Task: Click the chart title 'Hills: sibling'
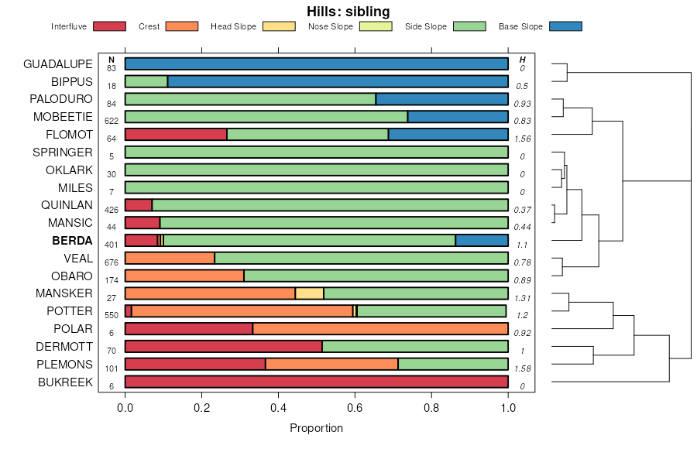click(x=348, y=11)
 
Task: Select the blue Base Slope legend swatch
click(x=565, y=26)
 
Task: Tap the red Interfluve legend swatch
click(x=109, y=26)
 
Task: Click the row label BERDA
click(x=72, y=241)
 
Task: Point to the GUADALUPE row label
click(x=58, y=63)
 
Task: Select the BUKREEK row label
click(x=65, y=382)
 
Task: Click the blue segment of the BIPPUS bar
click(x=338, y=81)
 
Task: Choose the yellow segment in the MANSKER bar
click(x=309, y=293)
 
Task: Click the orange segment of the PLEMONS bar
click(x=331, y=365)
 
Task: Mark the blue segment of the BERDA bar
click(x=482, y=241)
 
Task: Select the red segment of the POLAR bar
click(x=189, y=329)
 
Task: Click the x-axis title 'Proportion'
click(x=316, y=428)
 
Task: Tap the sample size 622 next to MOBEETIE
click(x=112, y=121)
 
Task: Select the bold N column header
click(x=112, y=60)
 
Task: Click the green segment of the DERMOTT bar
click(x=414, y=347)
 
